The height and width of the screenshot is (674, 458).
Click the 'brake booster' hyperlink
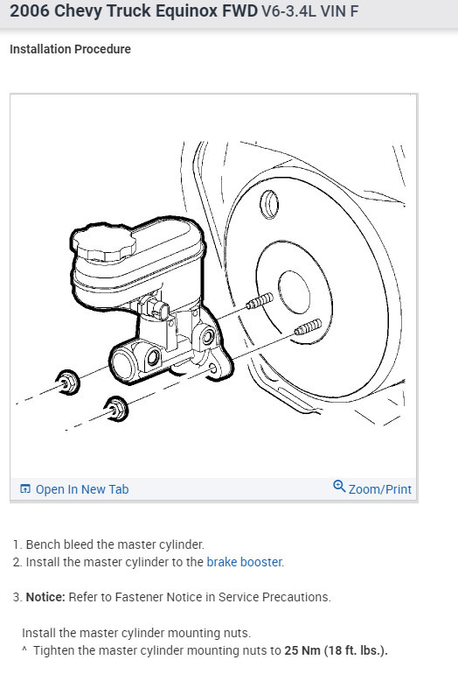coord(244,562)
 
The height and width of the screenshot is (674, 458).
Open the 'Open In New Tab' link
coord(82,489)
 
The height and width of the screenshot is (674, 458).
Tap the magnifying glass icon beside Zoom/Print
coord(339,486)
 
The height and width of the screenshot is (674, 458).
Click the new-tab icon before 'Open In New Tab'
coord(25,488)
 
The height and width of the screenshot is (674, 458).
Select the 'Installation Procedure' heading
coord(71,49)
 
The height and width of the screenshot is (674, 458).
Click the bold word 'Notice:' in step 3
coord(45,597)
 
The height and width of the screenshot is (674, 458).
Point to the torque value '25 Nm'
coord(302,650)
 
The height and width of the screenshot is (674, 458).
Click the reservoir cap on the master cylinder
coord(103,243)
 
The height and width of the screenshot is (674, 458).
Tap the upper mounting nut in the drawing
coord(68,383)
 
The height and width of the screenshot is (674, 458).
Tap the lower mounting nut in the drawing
coord(116,409)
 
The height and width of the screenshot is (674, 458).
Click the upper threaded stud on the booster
coord(260,300)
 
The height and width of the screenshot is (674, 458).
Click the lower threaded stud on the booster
coord(308,327)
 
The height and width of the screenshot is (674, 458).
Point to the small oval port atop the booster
coord(269,205)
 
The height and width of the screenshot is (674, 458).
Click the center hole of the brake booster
coord(294,292)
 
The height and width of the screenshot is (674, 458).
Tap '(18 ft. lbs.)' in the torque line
coord(356,650)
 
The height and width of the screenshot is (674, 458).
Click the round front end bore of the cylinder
coord(123,365)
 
